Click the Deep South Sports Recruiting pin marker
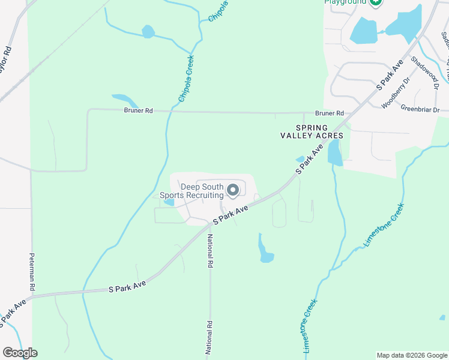(233, 190)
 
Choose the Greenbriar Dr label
(420, 110)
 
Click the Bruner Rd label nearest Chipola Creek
(139, 110)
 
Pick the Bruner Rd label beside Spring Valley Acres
(330, 113)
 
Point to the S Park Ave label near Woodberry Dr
(389, 74)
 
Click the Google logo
(19, 353)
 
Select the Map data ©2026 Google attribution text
(411, 355)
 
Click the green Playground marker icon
(376, 2)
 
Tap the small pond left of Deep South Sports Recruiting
(169, 202)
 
